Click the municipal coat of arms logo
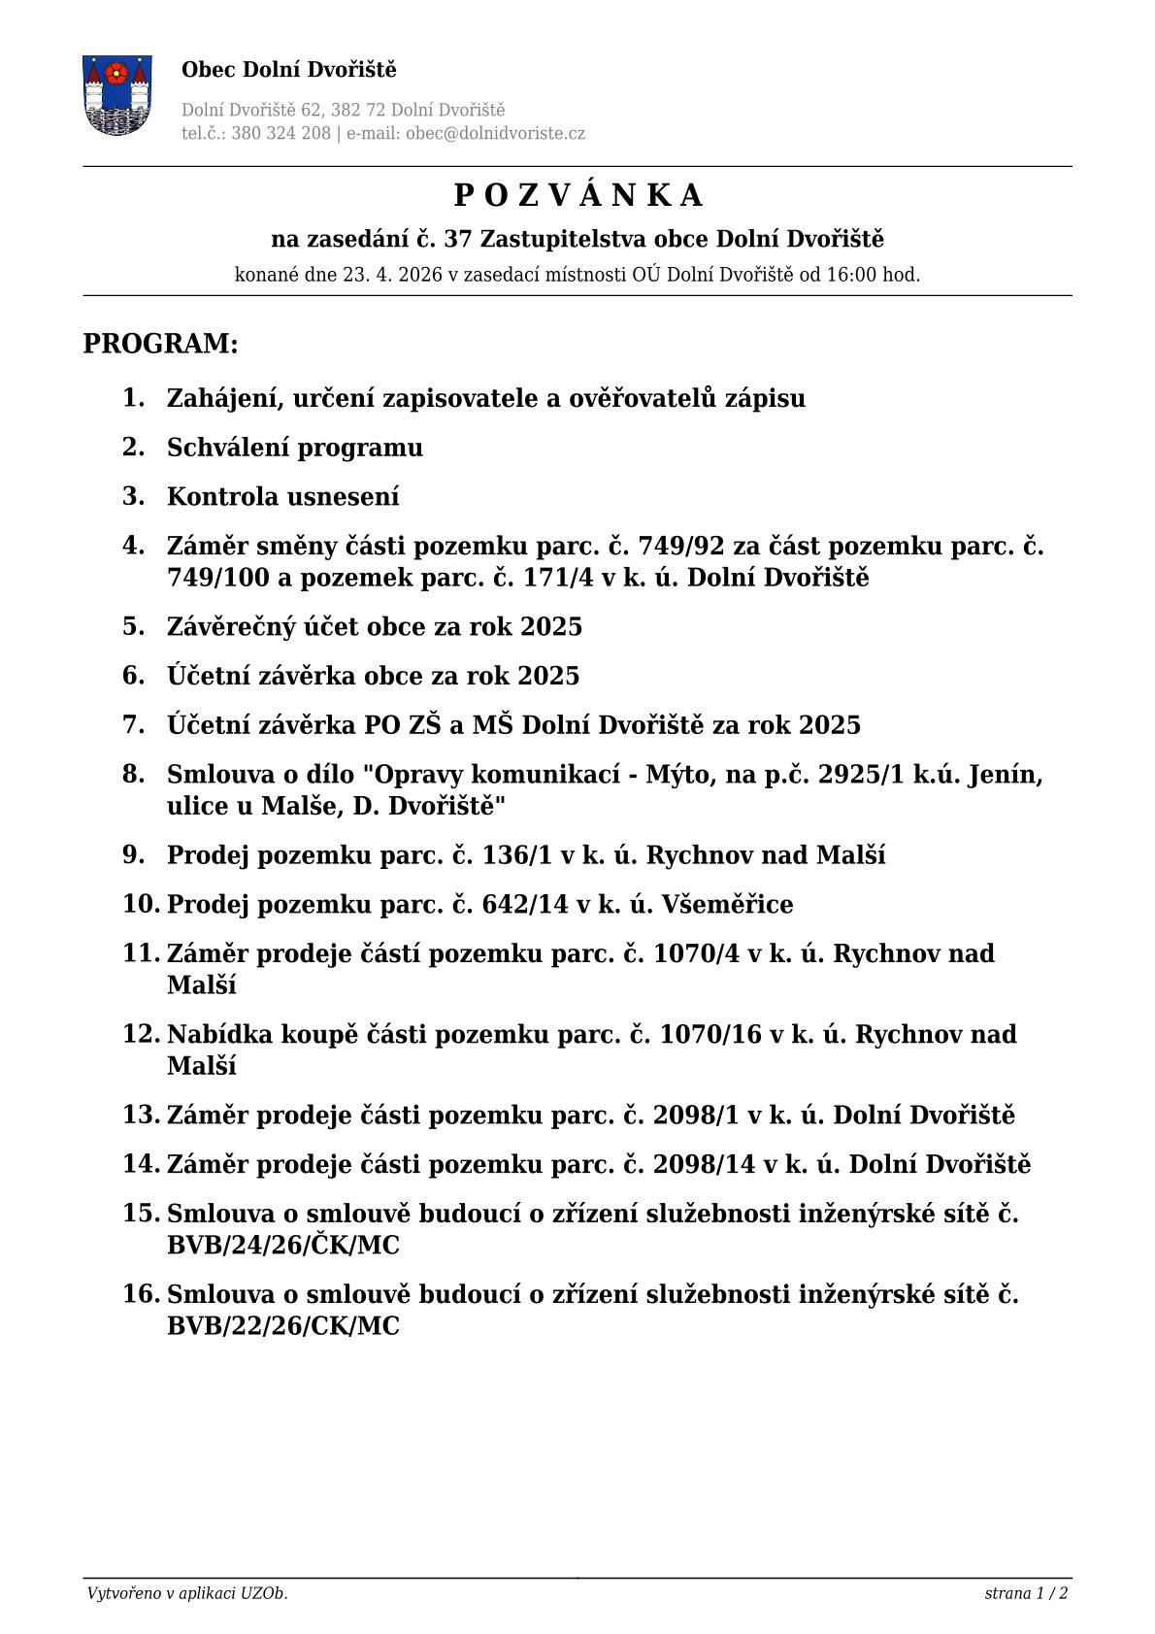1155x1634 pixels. pos(117,95)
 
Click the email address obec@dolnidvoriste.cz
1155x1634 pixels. pos(495,134)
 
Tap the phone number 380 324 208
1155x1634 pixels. pos(281,134)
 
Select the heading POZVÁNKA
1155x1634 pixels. pos(577,196)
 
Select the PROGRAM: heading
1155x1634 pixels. pos(160,344)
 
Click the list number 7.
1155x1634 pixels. pos(133,724)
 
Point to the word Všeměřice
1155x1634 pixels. pos(727,905)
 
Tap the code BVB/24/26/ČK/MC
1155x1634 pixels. pos(282,1246)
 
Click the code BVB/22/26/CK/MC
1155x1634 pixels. pos(282,1326)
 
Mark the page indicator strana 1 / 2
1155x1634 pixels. pos(1026,1593)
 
